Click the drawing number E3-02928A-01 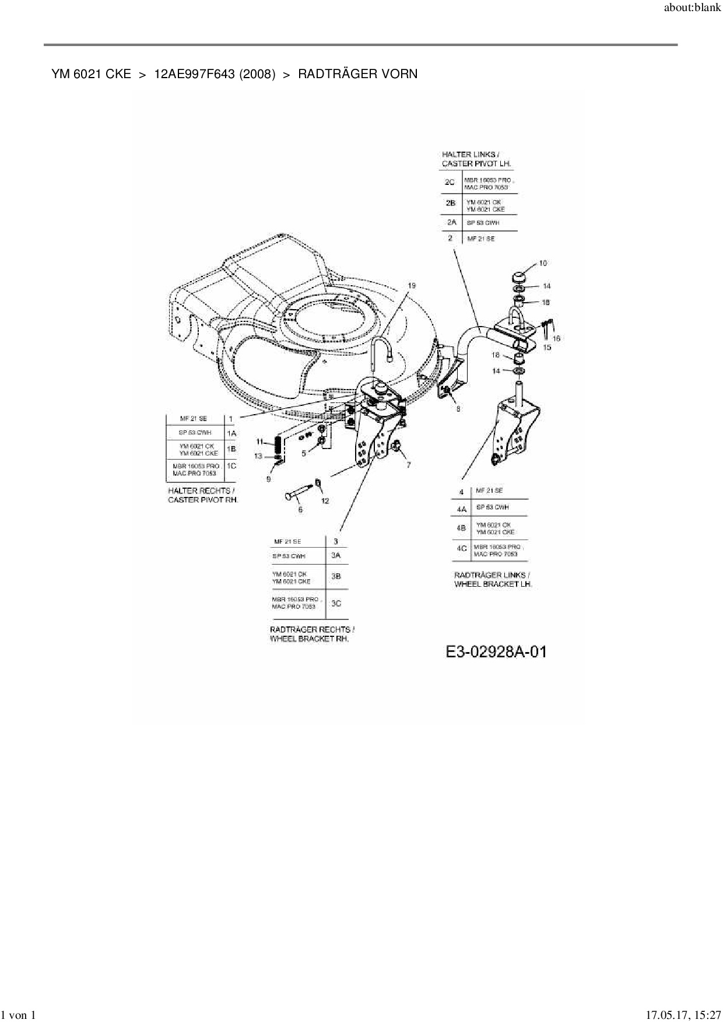click(x=496, y=651)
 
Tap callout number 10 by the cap click(x=543, y=264)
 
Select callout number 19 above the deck click(x=412, y=285)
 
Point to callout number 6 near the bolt click(x=300, y=510)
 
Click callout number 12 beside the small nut click(x=325, y=500)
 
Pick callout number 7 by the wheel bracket click(x=409, y=465)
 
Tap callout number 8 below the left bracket click(x=458, y=409)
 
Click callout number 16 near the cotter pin click(x=556, y=338)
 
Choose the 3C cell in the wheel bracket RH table click(x=336, y=603)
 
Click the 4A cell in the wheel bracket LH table click(x=462, y=509)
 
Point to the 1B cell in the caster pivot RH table click(x=231, y=449)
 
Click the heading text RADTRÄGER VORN click(x=357, y=74)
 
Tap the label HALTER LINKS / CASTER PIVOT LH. click(x=476, y=159)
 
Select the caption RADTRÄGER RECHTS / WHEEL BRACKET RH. click(x=312, y=634)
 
